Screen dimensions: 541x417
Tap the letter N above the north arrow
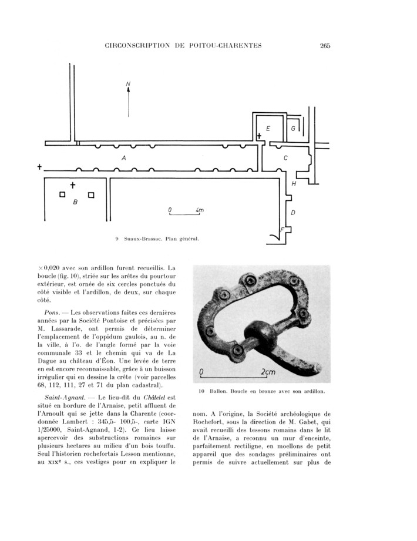(128, 85)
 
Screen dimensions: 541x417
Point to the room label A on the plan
(123, 158)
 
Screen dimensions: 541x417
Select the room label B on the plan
(75, 202)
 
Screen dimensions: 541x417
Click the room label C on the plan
(285, 158)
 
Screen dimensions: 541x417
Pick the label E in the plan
(268, 128)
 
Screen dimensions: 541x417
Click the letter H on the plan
(294, 184)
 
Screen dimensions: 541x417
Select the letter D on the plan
(293, 212)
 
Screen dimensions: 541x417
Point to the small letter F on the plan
(282, 229)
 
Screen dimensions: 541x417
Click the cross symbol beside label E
(260, 136)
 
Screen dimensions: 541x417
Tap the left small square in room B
(62, 195)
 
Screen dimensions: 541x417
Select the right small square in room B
(90, 195)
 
